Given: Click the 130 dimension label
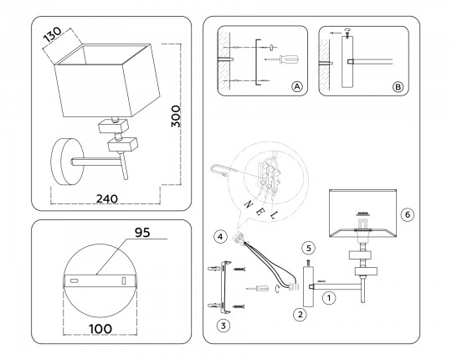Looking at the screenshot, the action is (53, 34).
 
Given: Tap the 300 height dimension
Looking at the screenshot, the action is (176, 116).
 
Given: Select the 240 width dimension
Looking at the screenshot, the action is (107, 198).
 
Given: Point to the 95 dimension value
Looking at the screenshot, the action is (142, 232).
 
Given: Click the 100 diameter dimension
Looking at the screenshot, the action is (100, 329).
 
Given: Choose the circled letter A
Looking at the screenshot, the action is (297, 86).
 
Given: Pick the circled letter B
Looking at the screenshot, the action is (398, 87).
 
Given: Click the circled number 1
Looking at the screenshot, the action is (329, 298).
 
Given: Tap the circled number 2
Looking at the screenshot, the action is (300, 315).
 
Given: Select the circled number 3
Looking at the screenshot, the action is (223, 326).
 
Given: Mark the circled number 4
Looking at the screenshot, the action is (220, 237).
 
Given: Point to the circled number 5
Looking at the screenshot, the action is (308, 248).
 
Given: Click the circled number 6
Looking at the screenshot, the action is (408, 214).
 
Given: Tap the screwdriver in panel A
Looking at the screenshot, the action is (281, 59).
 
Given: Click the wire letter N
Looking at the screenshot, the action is (249, 204).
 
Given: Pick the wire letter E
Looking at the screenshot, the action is (259, 212).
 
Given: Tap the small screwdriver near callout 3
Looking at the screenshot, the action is (258, 288).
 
